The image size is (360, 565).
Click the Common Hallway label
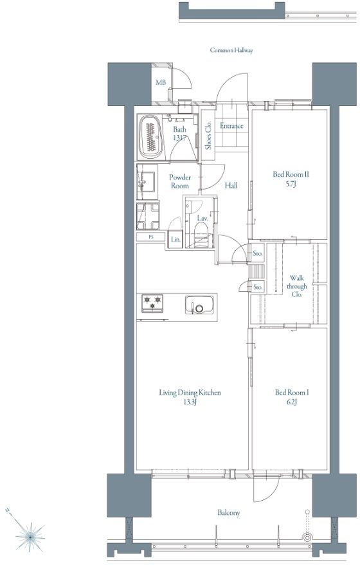(x=231, y=50)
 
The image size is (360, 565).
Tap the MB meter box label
(x=161, y=82)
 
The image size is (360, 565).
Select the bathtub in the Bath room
(x=150, y=138)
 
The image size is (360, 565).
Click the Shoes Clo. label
(x=208, y=135)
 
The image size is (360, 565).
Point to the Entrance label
(x=231, y=126)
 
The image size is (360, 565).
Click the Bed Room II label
(x=291, y=174)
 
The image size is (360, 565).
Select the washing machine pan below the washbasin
(x=148, y=216)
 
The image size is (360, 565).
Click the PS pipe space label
(x=151, y=237)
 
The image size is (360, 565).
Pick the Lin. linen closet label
(x=175, y=239)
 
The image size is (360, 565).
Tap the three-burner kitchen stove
(x=152, y=303)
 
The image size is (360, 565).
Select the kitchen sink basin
(x=199, y=305)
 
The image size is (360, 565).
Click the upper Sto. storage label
(x=257, y=253)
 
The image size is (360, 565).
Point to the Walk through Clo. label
(x=296, y=286)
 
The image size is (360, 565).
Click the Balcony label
(x=228, y=513)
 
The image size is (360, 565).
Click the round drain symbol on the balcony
(x=307, y=537)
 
